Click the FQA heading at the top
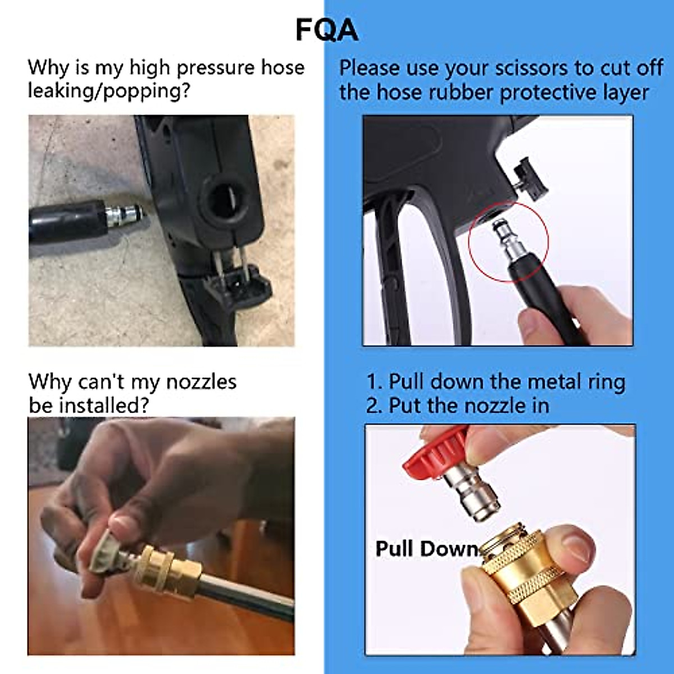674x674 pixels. [x=327, y=30]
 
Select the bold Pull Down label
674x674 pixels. [x=426, y=548]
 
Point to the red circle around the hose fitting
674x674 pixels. [x=508, y=242]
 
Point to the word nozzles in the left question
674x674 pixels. [x=201, y=382]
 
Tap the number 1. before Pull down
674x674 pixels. [x=375, y=382]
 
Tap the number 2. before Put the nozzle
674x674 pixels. [x=375, y=406]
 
